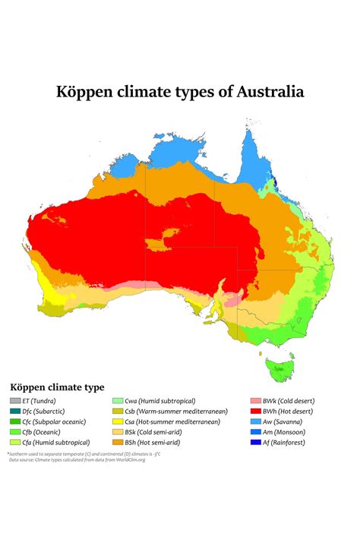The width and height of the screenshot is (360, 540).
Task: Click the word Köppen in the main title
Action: (87, 92)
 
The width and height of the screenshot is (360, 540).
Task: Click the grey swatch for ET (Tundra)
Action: (15, 401)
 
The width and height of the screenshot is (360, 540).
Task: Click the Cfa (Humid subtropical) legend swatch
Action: (15, 442)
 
